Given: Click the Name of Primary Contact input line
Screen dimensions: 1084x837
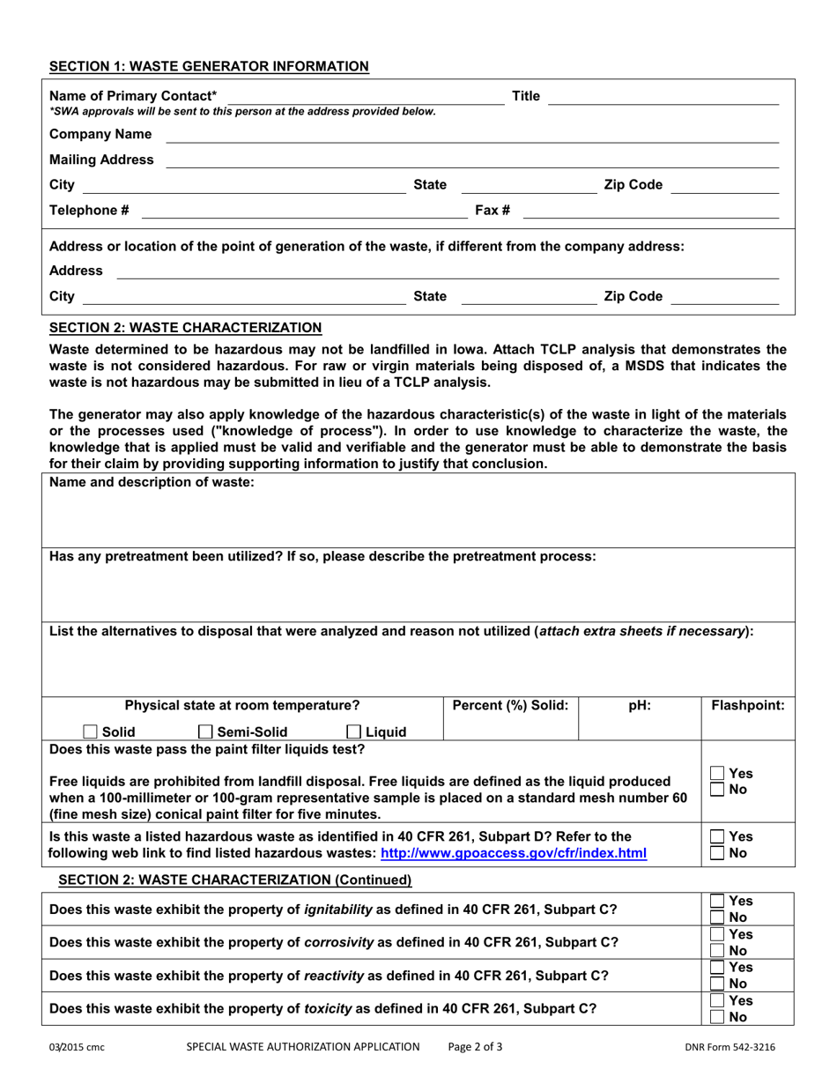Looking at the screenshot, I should click(x=367, y=97).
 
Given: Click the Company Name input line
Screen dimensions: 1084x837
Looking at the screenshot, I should click(x=472, y=135).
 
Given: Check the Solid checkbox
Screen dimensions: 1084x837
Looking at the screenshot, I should click(x=90, y=731).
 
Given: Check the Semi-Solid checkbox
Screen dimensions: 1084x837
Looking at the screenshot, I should click(x=205, y=731).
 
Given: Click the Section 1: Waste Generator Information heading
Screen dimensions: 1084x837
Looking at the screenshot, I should click(x=209, y=66).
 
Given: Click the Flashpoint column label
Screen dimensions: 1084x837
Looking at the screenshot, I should click(x=747, y=705).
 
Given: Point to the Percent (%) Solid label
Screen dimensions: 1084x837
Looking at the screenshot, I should click(x=510, y=705).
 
